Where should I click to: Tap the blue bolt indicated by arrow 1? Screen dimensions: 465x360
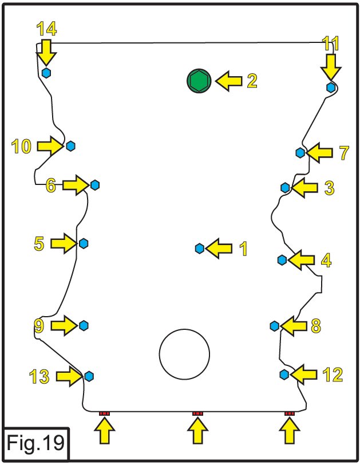coord(199,248)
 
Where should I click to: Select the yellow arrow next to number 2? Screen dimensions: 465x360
coord(228,81)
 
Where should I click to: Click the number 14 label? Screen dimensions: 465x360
coord(46,28)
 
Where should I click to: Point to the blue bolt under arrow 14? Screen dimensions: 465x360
coord(46,73)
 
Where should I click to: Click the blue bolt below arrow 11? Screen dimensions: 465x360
coord(331,87)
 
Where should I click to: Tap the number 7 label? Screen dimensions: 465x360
coord(343,153)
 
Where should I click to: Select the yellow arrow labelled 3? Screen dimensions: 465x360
coord(304,187)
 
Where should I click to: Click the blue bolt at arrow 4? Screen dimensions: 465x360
coord(282,260)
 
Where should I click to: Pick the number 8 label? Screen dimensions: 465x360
coord(315,326)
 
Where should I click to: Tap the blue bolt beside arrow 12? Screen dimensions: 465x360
coord(284,374)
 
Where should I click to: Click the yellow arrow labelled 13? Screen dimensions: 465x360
coord(69,376)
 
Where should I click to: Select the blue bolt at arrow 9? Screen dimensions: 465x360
coord(84,325)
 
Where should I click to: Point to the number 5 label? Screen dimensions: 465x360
coord(39,244)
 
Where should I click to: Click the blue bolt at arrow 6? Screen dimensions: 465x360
coord(94,184)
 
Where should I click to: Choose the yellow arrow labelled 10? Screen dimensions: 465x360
coord(50,146)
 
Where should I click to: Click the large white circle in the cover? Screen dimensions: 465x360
coord(184,353)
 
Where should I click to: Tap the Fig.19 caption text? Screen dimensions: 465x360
coord(35,443)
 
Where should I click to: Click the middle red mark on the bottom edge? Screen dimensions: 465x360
coord(197,413)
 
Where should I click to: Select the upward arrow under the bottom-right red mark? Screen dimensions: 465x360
coord(290,431)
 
